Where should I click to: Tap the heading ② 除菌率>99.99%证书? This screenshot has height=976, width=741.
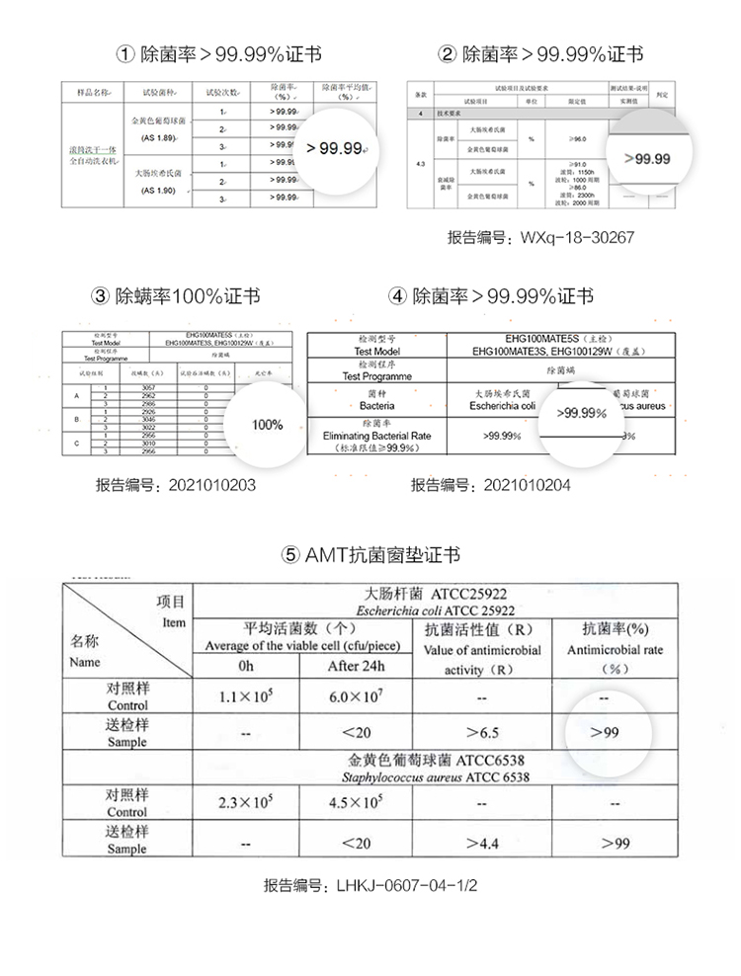pyautogui.click(x=540, y=54)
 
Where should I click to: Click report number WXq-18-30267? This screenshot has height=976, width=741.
pyautogui.click(x=540, y=238)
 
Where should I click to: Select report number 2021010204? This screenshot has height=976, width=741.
pyautogui.click(x=491, y=485)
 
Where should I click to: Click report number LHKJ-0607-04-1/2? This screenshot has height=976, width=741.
pyautogui.click(x=370, y=886)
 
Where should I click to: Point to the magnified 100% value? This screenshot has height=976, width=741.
pyautogui.click(x=268, y=425)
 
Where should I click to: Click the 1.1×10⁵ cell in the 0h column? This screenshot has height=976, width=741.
pyautogui.click(x=247, y=696)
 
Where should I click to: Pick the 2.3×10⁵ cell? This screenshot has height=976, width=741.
pyautogui.click(x=247, y=803)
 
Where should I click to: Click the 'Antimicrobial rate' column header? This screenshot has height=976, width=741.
pyautogui.click(x=615, y=650)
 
